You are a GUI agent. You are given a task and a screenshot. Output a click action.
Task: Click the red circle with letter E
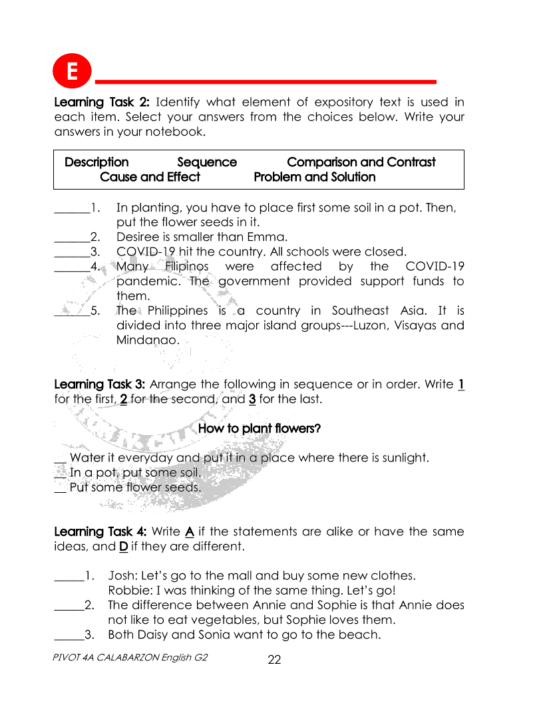coord(72,71)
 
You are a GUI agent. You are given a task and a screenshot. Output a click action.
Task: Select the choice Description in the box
coord(96,162)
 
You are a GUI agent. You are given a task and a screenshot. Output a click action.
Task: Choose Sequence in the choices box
coord(207,162)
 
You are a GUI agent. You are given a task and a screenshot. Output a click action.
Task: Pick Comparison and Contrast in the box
coord(361,162)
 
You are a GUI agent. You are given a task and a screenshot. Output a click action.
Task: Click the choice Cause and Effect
coord(150,177)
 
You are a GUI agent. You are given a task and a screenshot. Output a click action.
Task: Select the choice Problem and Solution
coord(315,177)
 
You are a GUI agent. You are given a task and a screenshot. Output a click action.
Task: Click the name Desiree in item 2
coord(137,237)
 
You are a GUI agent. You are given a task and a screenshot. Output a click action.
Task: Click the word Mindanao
coord(147,340)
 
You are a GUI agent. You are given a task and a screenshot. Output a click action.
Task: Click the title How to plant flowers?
coord(260,428)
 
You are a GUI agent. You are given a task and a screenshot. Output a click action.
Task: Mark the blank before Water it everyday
coord(60,458)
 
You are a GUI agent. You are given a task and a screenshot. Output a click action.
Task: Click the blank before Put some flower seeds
coord(60,488)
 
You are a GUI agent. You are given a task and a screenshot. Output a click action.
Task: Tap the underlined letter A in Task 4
coord(189,532)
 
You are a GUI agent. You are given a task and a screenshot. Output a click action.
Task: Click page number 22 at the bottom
coord(274,660)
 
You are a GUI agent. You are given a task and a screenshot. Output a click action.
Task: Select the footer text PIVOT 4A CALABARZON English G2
coord(130,658)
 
